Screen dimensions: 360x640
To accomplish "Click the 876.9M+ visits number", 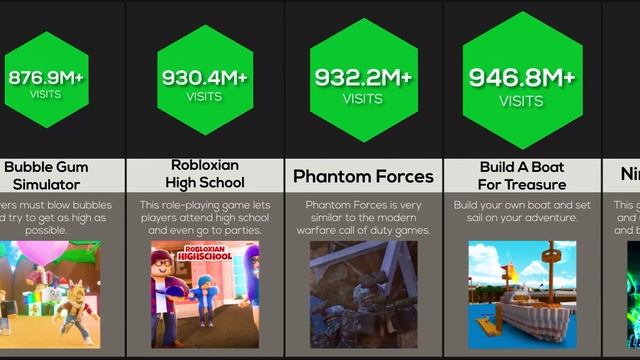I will (x=46, y=77).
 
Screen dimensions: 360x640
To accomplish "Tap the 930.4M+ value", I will (x=205, y=77).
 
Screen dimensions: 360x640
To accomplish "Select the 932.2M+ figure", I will (x=362, y=77).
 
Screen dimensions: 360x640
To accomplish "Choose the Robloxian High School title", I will (x=205, y=176).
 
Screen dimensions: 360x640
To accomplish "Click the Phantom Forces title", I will (x=362, y=177).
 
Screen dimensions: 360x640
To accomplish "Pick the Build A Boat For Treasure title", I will (x=521, y=176).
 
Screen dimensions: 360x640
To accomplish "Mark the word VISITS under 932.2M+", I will (x=362, y=99).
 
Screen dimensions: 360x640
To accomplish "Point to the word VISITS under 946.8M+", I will (x=521, y=101).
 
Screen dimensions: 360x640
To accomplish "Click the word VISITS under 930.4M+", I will (x=205, y=97).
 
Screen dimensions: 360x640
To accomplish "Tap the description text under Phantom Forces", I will (x=362, y=217).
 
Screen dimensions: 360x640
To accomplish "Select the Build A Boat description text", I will (x=521, y=217).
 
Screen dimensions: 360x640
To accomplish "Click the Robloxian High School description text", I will (x=205, y=217).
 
